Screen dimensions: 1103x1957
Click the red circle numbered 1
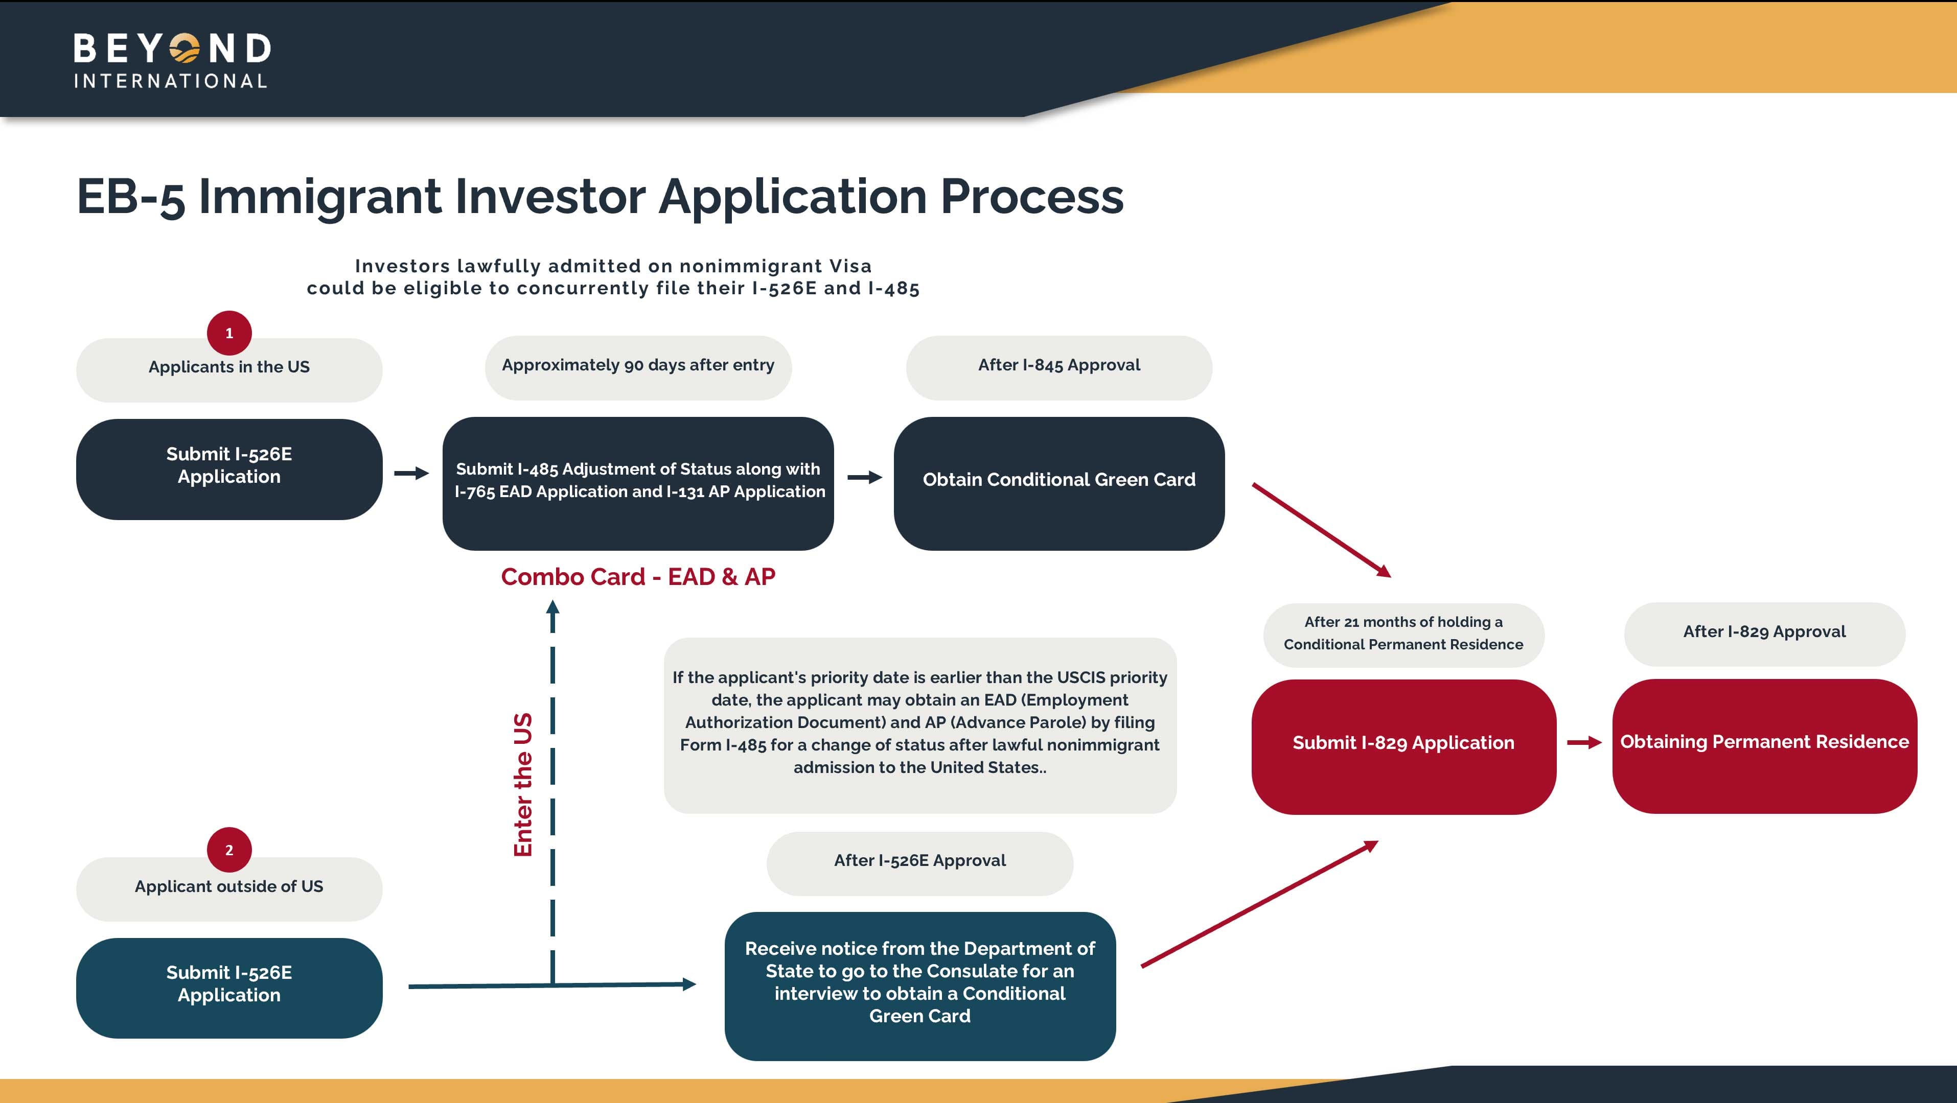point(228,333)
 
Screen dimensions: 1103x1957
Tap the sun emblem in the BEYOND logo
point(185,49)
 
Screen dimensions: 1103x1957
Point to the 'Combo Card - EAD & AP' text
point(638,577)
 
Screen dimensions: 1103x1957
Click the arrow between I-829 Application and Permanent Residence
point(1584,742)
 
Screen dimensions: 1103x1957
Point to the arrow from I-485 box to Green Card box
point(865,477)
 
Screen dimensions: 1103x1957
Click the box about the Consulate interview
point(919,985)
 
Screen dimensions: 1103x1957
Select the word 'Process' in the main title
point(1032,197)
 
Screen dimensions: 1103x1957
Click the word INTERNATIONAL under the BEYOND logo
point(170,81)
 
